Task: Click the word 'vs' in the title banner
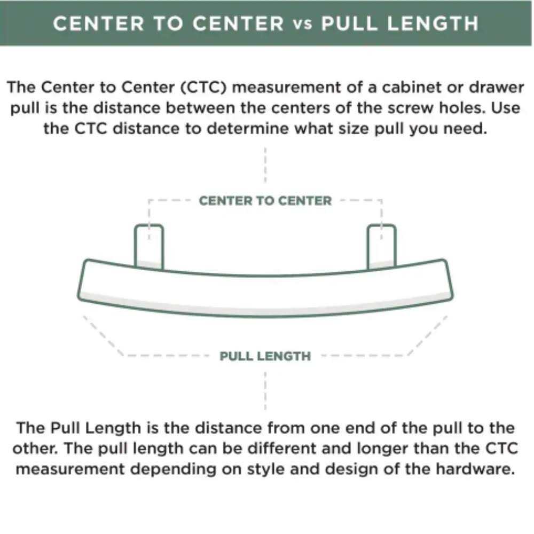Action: pyautogui.click(x=302, y=25)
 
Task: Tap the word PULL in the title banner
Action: pyautogui.click(x=350, y=23)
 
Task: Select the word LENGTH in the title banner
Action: pyautogui.click(x=433, y=23)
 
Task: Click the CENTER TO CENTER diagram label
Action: pyautogui.click(x=265, y=201)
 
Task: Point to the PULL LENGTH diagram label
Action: pyautogui.click(x=265, y=356)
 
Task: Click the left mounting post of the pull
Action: pyautogui.click(x=149, y=246)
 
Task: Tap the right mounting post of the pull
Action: pyautogui.click(x=381, y=246)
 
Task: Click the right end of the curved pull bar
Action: pyautogui.click(x=448, y=280)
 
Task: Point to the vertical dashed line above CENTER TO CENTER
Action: pyautogui.click(x=265, y=165)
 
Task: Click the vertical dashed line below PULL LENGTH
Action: pyautogui.click(x=265, y=391)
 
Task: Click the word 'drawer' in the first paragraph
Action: pyautogui.click(x=496, y=87)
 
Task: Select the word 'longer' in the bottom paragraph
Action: pyautogui.click(x=382, y=449)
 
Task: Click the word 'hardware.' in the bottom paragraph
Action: pyautogui.click(x=475, y=469)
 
